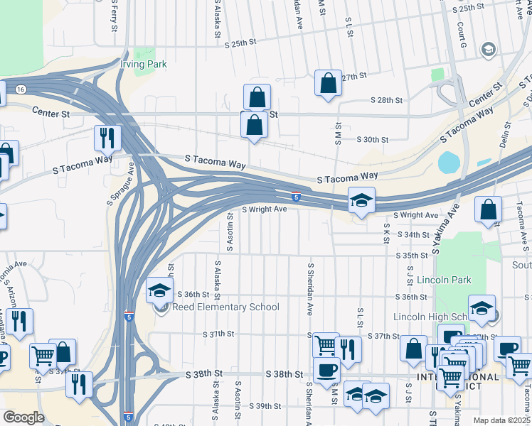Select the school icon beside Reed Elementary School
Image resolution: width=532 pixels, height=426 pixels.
click(160, 290)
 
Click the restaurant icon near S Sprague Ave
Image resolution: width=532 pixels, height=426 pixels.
click(107, 138)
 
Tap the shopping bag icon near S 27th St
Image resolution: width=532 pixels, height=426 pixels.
click(329, 83)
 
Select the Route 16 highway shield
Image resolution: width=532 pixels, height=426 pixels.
click(21, 89)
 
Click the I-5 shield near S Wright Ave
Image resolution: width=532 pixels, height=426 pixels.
click(295, 196)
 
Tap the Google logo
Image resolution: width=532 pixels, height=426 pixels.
click(23, 417)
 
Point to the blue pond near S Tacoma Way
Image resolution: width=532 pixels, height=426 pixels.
click(449, 163)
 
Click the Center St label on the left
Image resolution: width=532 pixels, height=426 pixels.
click(51, 111)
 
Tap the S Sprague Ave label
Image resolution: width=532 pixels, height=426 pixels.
click(121, 182)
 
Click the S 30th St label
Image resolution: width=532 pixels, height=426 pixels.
click(373, 140)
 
